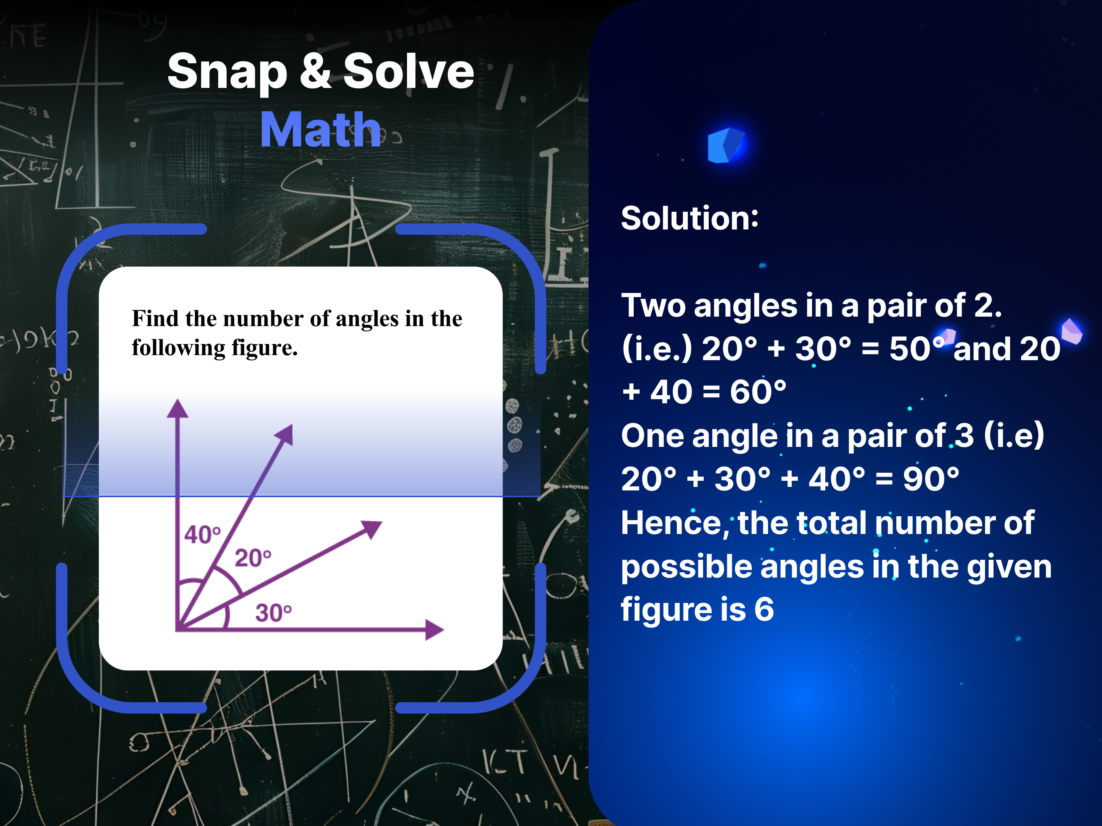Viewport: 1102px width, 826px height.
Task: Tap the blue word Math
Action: coord(320,129)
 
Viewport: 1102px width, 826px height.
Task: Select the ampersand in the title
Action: coord(315,71)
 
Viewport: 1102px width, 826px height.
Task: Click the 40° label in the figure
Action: coord(202,534)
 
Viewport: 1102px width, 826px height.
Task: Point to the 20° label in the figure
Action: coord(253,557)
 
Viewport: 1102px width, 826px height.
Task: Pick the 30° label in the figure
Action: coord(273,612)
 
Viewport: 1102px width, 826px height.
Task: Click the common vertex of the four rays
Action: coord(177,629)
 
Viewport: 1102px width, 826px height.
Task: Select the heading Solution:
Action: coord(689,218)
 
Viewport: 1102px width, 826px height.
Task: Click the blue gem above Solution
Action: coord(726,145)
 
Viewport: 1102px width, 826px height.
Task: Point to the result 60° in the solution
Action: coord(758,391)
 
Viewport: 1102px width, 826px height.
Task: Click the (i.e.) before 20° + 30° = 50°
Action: coord(657,348)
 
